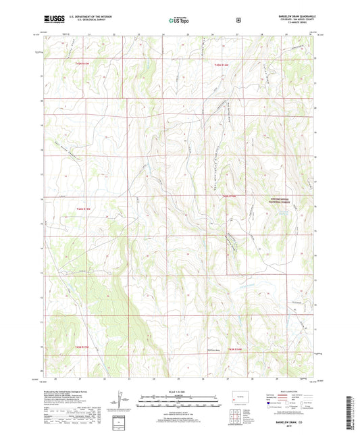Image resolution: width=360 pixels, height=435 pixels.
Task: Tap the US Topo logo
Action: click(x=178, y=21)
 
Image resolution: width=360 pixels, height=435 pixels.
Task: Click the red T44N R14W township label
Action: click(x=231, y=196)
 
